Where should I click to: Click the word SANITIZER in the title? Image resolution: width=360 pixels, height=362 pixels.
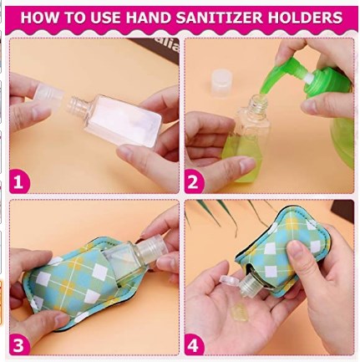(x=220, y=18)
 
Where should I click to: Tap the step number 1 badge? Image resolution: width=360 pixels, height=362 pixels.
(x=19, y=181)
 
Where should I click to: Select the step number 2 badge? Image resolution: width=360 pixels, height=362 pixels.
(x=194, y=181)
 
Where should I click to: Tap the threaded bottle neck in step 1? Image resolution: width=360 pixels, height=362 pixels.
(x=76, y=105)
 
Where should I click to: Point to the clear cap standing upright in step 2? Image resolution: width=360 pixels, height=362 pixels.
(x=222, y=84)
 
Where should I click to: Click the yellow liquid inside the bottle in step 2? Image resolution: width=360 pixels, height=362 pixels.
(x=242, y=156)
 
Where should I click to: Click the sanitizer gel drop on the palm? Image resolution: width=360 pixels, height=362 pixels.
(x=239, y=312)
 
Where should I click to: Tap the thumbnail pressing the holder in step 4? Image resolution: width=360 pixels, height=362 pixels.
(x=294, y=247)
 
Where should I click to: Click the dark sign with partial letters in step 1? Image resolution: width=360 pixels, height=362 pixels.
(x=159, y=48)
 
